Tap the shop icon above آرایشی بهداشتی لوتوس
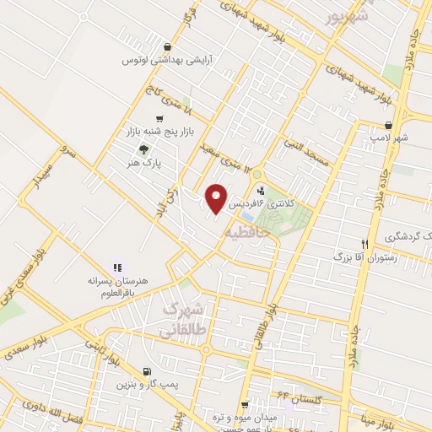pyautogui.click(x=168, y=47)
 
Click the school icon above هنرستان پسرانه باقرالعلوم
pyautogui.click(x=117, y=267)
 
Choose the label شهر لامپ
pyautogui.click(x=392, y=137)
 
